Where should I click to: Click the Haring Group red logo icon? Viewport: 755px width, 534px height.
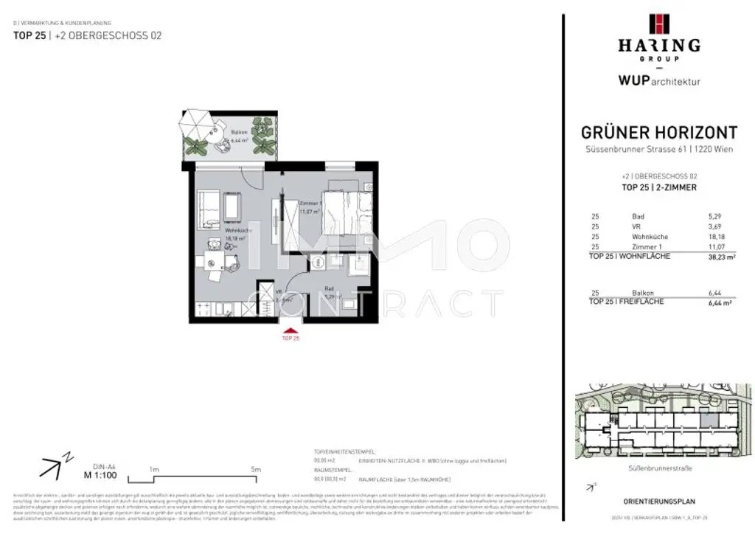pyautogui.click(x=658, y=24)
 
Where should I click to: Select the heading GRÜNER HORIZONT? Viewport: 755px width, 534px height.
pyautogui.click(x=659, y=133)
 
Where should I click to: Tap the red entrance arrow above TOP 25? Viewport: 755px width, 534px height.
pyautogui.click(x=291, y=330)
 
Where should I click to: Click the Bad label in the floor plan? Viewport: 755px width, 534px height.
pyautogui.click(x=330, y=289)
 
